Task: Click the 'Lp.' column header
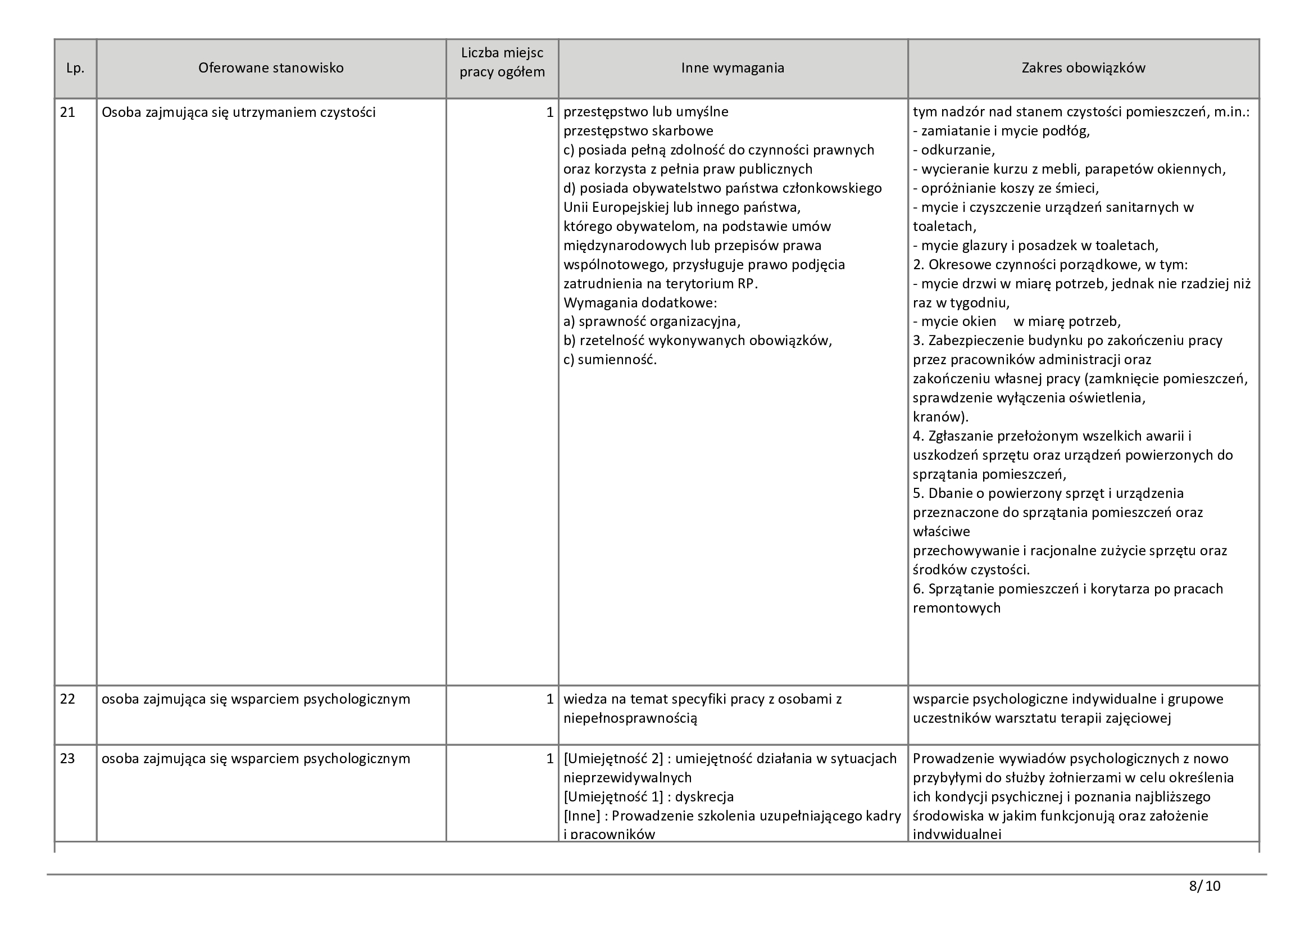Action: (x=75, y=68)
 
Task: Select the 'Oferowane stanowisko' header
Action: (x=271, y=68)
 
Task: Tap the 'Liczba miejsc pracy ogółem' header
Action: (x=502, y=62)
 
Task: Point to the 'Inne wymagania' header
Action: (x=732, y=68)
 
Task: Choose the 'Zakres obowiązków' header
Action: (x=1083, y=68)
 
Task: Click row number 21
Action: (x=67, y=112)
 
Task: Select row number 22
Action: (x=67, y=699)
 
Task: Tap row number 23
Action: (x=67, y=758)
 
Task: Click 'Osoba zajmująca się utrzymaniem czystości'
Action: (x=239, y=112)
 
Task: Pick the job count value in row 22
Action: (x=549, y=699)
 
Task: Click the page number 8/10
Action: (x=1204, y=886)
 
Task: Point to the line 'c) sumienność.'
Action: (x=610, y=360)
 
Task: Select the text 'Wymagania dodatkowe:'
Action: (x=640, y=302)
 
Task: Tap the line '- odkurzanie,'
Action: (x=953, y=150)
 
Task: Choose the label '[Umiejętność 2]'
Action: (x=613, y=758)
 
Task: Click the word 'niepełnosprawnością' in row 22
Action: (x=630, y=718)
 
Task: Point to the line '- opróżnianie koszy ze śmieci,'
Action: (x=1006, y=188)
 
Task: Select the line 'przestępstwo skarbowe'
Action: (x=638, y=131)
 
